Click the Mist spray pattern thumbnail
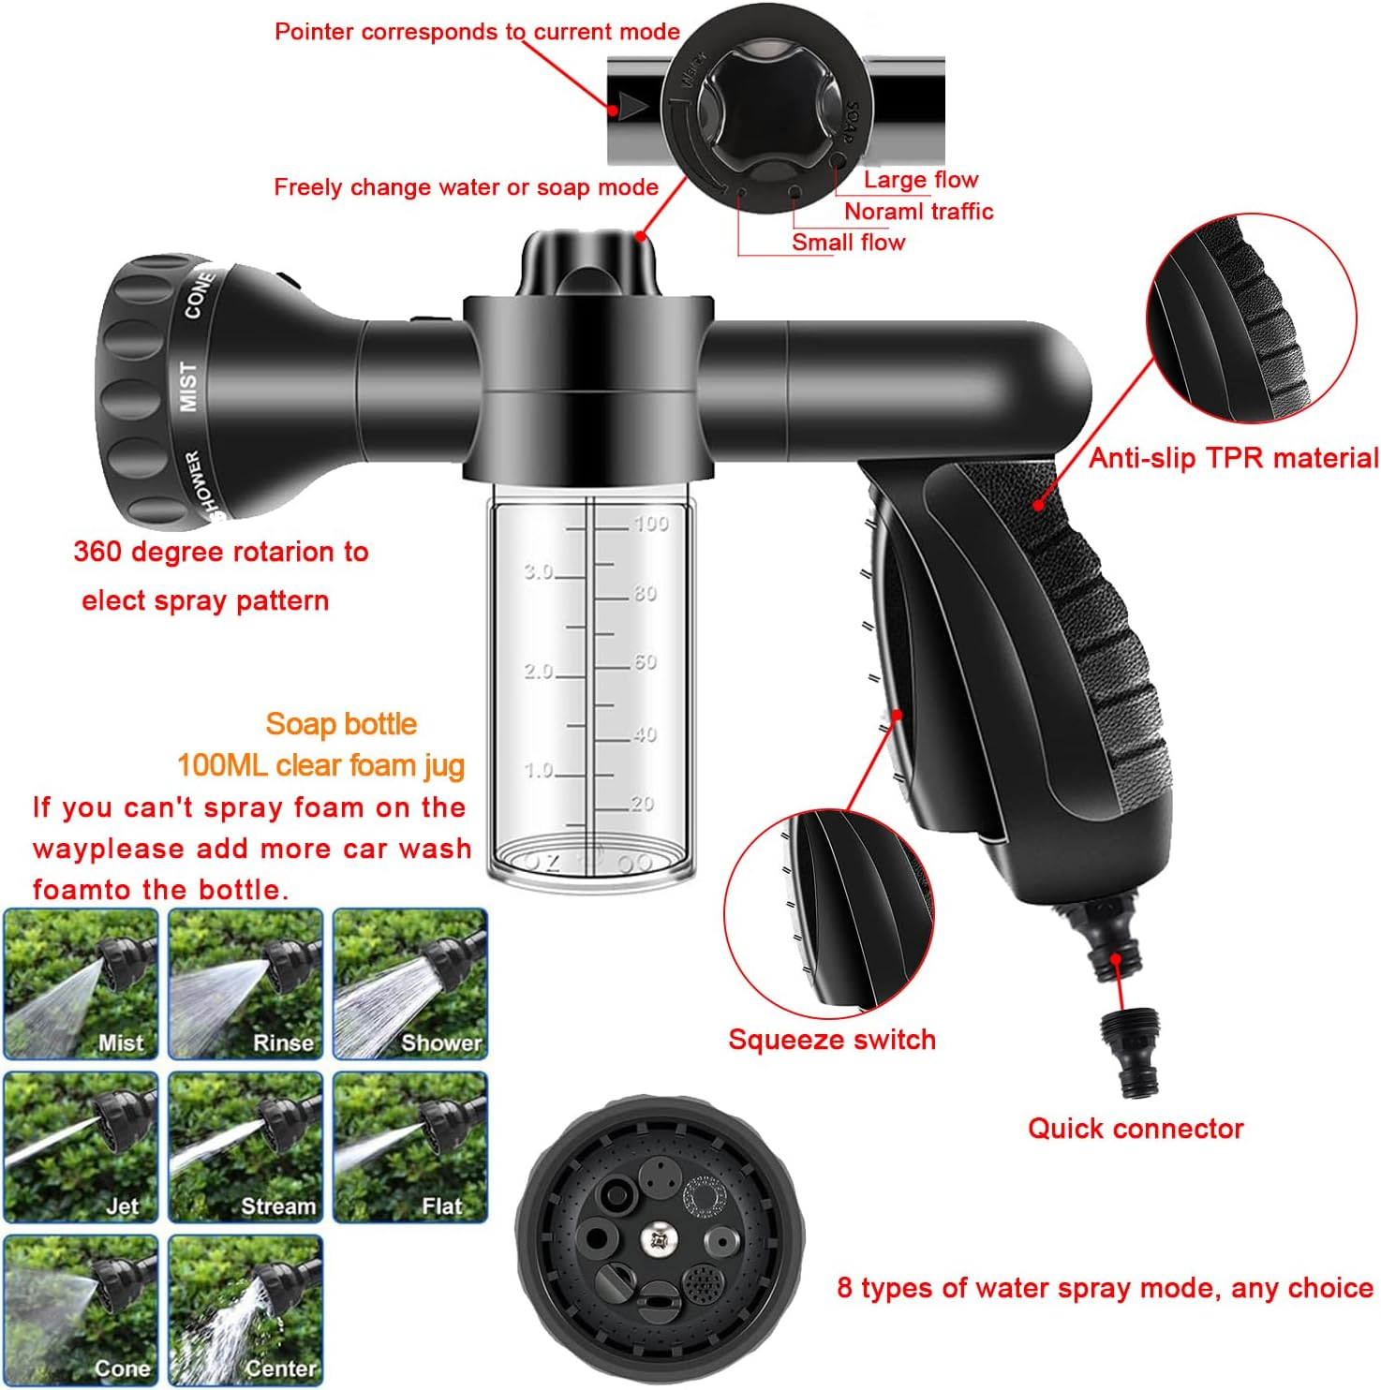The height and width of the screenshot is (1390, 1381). (81, 983)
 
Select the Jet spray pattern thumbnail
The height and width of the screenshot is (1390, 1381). (81, 1147)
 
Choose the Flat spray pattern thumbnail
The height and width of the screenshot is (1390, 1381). (410, 1147)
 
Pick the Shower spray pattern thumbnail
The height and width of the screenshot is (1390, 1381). (410, 983)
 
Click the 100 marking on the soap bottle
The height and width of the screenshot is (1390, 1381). (650, 524)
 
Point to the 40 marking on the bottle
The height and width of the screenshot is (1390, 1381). (644, 734)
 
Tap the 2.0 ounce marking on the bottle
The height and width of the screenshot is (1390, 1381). (539, 671)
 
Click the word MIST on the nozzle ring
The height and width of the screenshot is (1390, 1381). (189, 386)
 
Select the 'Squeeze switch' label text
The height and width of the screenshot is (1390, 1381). (832, 1040)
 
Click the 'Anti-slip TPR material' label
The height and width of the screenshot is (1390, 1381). (1233, 458)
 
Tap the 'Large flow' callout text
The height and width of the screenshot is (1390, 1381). (920, 180)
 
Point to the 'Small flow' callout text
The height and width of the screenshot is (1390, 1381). (848, 243)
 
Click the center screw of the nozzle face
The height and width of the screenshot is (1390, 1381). (659, 1240)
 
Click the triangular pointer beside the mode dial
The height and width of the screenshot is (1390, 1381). (633, 106)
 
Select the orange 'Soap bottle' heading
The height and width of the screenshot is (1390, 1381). (341, 724)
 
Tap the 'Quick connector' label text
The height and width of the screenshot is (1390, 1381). (1136, 1129)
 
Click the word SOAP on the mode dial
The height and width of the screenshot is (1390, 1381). (849, 122)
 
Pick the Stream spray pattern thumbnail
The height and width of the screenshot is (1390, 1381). (245, 1147)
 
